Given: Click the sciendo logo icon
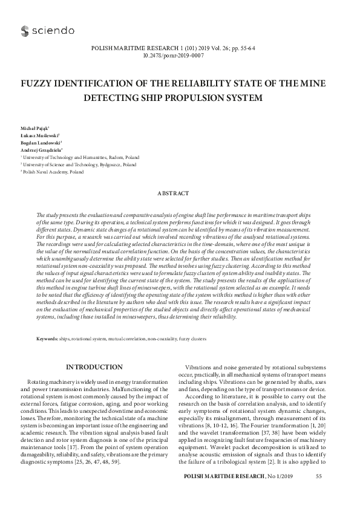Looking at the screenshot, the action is (24, 30).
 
